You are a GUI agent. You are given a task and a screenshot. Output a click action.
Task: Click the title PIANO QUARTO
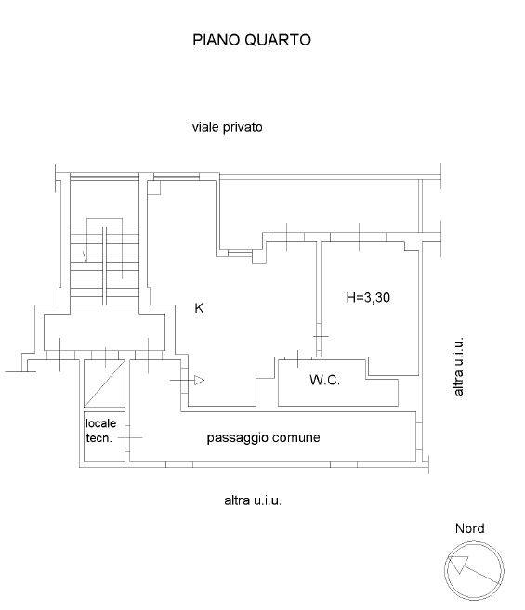252,40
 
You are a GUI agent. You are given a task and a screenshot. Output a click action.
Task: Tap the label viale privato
227,127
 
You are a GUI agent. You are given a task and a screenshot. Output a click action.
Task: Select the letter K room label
199,308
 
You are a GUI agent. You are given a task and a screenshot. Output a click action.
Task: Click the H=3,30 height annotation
368,298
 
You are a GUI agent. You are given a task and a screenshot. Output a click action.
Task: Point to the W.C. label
325,380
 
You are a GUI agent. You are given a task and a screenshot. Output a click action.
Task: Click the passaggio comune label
263,437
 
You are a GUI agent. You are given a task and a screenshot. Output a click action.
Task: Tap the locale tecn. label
100,430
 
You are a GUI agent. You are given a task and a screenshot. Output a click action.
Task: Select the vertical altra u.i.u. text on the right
459,367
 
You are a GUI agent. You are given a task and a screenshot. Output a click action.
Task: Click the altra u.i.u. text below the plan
253,500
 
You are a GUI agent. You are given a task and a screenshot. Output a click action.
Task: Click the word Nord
469,528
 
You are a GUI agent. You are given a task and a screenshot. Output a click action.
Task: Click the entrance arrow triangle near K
200,381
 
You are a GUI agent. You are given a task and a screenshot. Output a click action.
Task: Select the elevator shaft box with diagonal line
104,383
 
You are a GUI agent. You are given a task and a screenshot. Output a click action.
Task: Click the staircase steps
104,266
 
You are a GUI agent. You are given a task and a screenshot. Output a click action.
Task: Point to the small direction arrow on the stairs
85,256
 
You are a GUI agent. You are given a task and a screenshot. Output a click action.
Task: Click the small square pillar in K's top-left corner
154,188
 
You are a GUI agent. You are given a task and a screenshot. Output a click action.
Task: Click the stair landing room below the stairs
104,331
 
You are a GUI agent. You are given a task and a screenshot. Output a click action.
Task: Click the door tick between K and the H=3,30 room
321,336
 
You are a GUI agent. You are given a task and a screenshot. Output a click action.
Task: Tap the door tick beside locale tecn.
130,437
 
